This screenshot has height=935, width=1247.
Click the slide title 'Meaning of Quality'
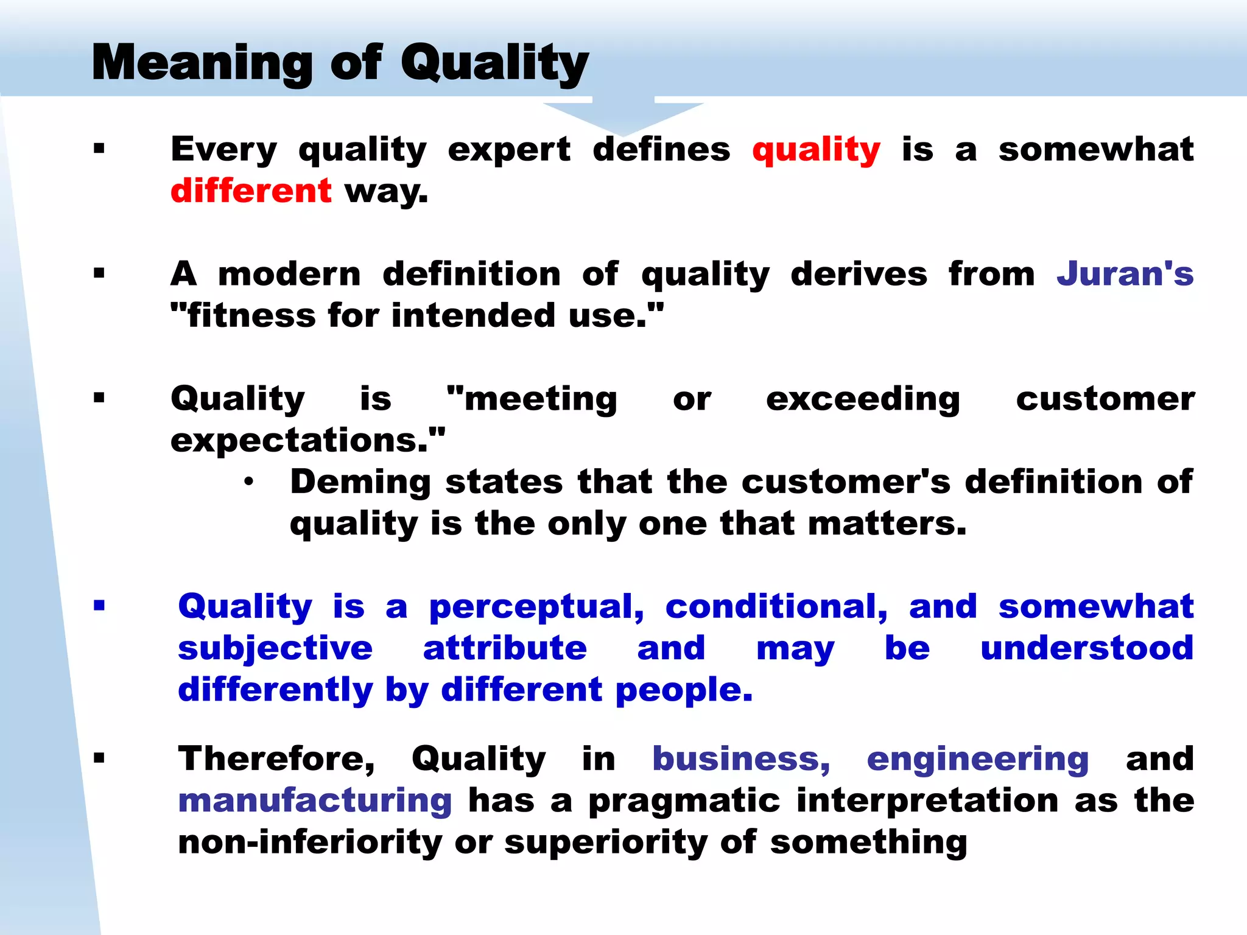tap(340, 63)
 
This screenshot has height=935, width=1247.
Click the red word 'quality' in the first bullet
tap(816, 150)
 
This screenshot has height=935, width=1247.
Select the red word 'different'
tap(251, 192)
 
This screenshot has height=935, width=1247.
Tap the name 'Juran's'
tap(1125, 275)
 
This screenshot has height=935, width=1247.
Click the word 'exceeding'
tap(863, 400)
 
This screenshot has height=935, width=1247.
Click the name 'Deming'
tap(360, 483)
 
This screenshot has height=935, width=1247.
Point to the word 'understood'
tap(1087, 648)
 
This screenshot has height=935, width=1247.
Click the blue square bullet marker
tap(99, 606)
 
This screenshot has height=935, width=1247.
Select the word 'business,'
tap(741, 760)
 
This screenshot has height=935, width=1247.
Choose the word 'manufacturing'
tap(315, 801)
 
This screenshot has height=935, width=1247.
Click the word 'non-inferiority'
tap(309, 843)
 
